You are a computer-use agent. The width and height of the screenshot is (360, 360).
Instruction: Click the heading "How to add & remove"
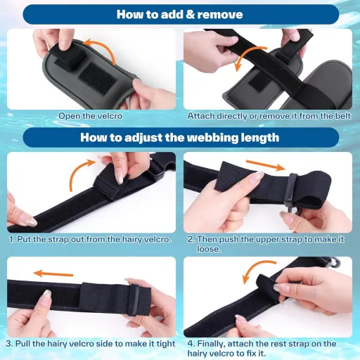180,14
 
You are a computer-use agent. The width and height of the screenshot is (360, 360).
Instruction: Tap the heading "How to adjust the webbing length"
180,137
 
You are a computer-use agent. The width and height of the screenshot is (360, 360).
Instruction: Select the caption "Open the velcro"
91,116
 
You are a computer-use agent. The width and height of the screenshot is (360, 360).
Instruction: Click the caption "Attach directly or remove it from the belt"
269,116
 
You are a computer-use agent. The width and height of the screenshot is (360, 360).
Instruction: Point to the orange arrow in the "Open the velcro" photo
103,47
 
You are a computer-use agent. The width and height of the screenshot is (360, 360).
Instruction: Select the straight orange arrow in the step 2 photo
266,165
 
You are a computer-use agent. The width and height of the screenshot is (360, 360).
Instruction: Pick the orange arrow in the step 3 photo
53,274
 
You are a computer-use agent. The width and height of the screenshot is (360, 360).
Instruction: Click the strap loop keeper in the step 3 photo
134,300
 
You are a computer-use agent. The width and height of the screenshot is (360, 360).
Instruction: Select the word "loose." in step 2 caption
209,249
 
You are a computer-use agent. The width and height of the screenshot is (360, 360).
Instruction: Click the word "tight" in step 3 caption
166,344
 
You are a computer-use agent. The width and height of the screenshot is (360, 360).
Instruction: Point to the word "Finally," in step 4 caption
212,344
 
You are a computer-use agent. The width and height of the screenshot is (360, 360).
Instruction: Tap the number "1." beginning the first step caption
12,239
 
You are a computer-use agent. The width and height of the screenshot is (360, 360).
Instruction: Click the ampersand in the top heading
191,15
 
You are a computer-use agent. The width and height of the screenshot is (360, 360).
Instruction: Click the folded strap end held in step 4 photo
267,287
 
